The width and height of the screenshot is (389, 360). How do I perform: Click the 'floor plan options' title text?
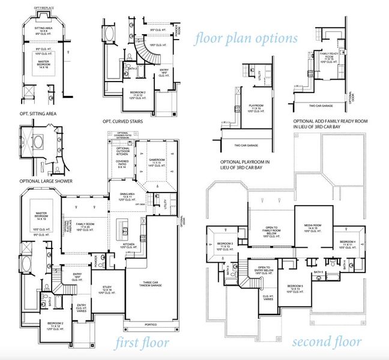246,38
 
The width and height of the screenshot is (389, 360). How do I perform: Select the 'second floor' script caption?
327,342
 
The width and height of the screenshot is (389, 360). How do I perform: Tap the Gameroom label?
157,161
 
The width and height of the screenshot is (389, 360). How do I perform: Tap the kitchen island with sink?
124,229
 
